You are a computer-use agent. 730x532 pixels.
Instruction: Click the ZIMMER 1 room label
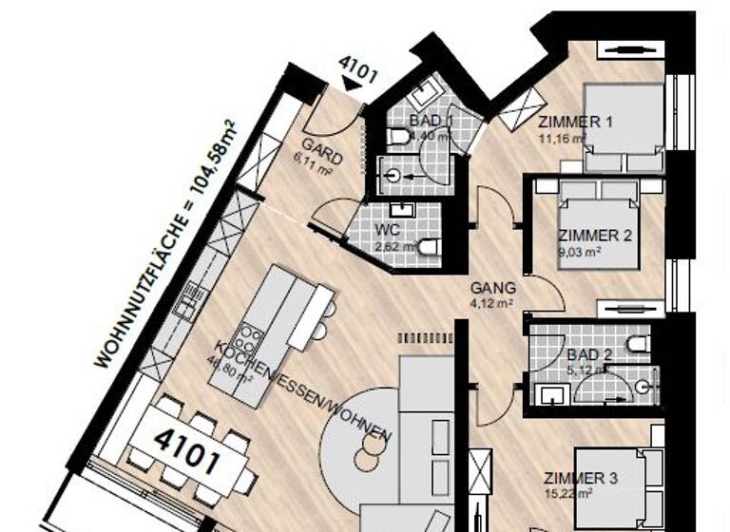[x=575, y=123]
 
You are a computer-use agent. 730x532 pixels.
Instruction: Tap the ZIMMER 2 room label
[x=594, y=236]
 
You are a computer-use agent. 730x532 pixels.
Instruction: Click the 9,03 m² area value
[x=578, y=252]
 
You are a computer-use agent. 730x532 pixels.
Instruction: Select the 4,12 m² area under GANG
[x=493, y=304]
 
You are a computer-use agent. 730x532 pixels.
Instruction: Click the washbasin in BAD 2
[x=549, y=391]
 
